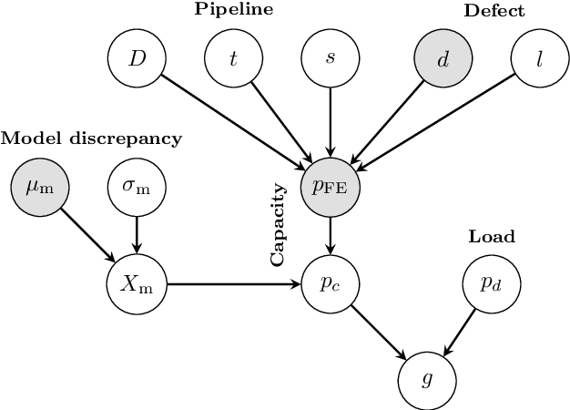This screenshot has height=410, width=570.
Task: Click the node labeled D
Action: point(137,59)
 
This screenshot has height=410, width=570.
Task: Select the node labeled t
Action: point(232,59)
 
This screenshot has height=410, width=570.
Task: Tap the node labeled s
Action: point(329,59)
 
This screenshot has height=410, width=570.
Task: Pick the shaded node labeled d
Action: point(443,59)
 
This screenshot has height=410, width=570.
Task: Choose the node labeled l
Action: point(539,59)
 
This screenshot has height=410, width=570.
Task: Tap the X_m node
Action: point(137,285)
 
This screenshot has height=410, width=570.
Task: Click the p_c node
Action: point(329,285)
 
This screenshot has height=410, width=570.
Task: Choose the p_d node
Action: point(489,285)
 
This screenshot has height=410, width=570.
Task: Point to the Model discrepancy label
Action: point(91,138)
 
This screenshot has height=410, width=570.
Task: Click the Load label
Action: point(492,237)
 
